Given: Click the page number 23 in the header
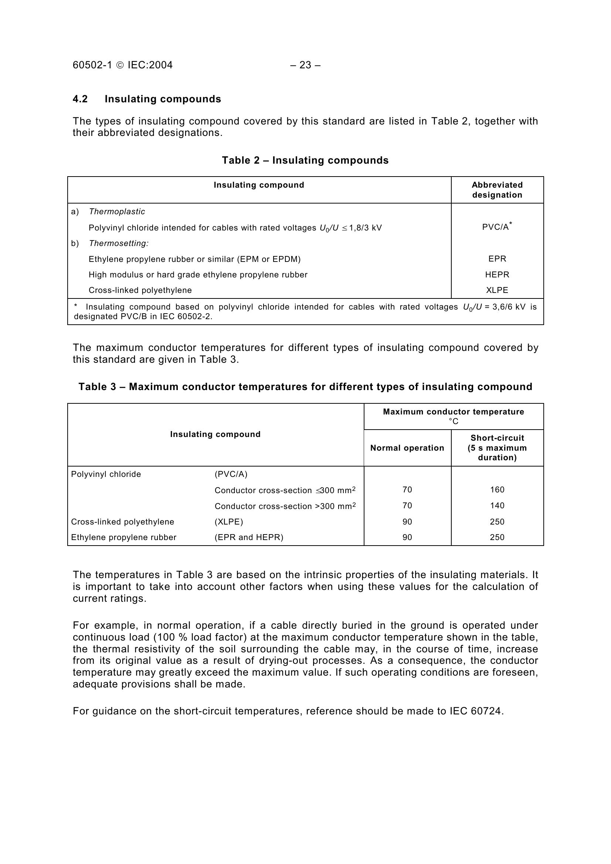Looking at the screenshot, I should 305,65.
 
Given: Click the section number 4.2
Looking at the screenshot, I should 80,99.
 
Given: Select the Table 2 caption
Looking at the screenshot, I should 305,160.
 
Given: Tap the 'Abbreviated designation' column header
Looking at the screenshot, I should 497,189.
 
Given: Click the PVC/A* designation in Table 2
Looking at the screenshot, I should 496,227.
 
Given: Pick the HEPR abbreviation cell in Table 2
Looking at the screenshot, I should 497,275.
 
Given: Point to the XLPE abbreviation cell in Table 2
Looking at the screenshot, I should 497,290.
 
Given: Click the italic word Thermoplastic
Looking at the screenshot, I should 117,212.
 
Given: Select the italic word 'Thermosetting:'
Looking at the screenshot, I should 119,243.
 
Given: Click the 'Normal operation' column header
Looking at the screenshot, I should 407,448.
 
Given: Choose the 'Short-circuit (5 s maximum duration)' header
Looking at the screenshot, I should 497,448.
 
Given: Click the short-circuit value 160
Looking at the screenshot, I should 497,489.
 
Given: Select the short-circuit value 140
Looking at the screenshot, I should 497,505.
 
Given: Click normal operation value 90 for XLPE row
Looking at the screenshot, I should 407,522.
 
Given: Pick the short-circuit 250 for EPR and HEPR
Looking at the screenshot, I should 497,537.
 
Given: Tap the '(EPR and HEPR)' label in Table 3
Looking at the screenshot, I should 249,537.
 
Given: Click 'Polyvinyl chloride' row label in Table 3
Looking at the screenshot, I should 106,474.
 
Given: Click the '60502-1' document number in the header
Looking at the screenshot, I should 92,65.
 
